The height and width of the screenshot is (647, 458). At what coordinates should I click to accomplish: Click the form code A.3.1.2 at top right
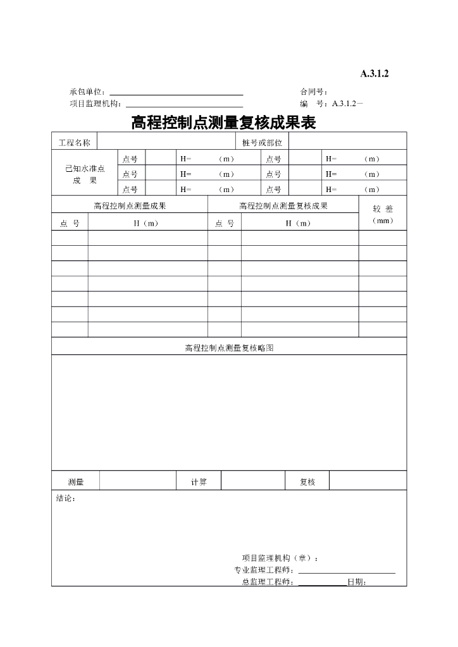[374, 74]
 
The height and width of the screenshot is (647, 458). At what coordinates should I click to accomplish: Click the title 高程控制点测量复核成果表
[223, 123]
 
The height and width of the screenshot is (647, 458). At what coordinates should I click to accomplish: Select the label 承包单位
[88, 92]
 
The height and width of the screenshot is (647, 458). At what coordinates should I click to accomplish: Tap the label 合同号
[313, 92]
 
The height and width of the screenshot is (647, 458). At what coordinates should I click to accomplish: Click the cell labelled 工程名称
[75, 143]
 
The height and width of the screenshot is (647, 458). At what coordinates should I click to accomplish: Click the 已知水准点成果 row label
[85, 174]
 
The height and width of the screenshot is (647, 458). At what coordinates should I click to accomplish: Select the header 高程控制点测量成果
[130, 205]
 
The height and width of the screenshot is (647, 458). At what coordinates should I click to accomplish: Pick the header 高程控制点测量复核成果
[283, 205]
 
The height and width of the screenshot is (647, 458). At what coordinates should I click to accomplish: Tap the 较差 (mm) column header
[383, 214]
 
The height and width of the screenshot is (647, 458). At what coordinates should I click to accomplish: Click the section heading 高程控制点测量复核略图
[229, 348]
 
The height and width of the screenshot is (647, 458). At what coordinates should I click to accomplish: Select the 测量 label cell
[76, 482]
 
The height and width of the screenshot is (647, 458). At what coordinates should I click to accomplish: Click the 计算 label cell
[199, 482]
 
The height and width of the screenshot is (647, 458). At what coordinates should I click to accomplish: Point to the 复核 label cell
[307, 482]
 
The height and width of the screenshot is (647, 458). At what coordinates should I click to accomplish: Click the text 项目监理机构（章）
[280, 558]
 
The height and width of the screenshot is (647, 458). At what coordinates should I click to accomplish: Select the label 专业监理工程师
[263, 571]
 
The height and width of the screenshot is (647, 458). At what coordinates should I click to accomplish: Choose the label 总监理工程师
[267, 583]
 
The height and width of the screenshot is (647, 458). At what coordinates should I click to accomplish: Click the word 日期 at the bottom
[356, 583]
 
